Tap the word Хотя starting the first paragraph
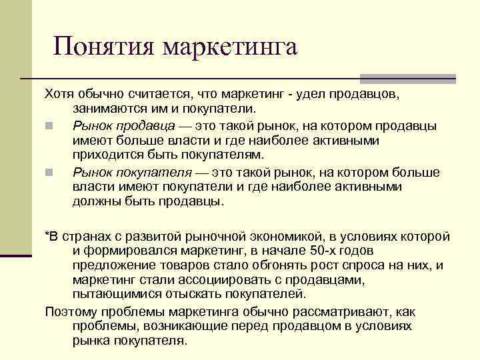point(59,93)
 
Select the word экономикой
point(284,237)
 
